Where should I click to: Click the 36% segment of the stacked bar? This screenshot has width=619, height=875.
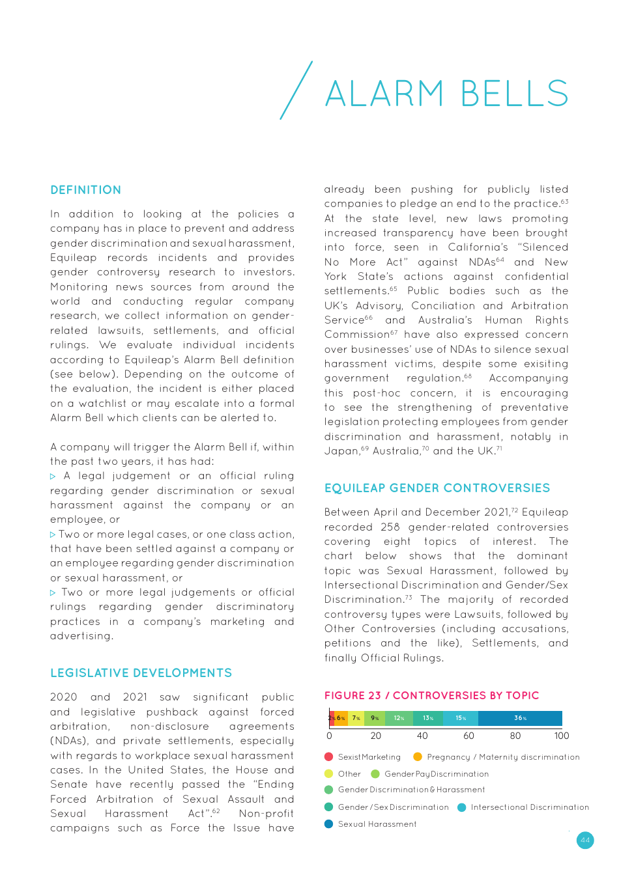click(520, 718)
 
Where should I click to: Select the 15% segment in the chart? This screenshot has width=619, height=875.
click(461, 718)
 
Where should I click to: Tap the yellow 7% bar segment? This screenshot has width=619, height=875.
click(356, 718)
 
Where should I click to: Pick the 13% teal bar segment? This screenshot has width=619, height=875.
click(428, 718)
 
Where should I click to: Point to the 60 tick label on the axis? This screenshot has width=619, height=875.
click(468, 736)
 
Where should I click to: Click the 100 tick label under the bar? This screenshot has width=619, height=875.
click(561, 736)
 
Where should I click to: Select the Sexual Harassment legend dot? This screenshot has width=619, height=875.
click(329, 824)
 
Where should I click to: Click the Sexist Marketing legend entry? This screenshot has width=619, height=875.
click(369, 757)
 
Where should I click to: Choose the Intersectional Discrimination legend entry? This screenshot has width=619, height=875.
click(529, 807)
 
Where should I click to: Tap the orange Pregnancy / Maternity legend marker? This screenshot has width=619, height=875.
click(417, 757)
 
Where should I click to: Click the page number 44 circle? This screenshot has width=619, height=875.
click(585, 840)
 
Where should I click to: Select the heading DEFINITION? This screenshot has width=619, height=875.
click(85, 190)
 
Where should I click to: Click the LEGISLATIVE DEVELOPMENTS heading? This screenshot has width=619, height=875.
click(141, 673)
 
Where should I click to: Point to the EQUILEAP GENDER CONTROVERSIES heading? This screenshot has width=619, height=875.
click(437, 488)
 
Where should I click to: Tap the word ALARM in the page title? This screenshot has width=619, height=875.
click(384, 94)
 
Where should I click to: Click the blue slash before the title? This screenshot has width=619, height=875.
click(296, 90)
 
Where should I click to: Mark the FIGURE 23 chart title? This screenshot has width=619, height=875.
click(431, 695)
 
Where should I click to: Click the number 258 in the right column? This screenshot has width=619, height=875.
click(390, 527)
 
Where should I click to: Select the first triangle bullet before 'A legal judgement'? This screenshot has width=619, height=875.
click(53, 477)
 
